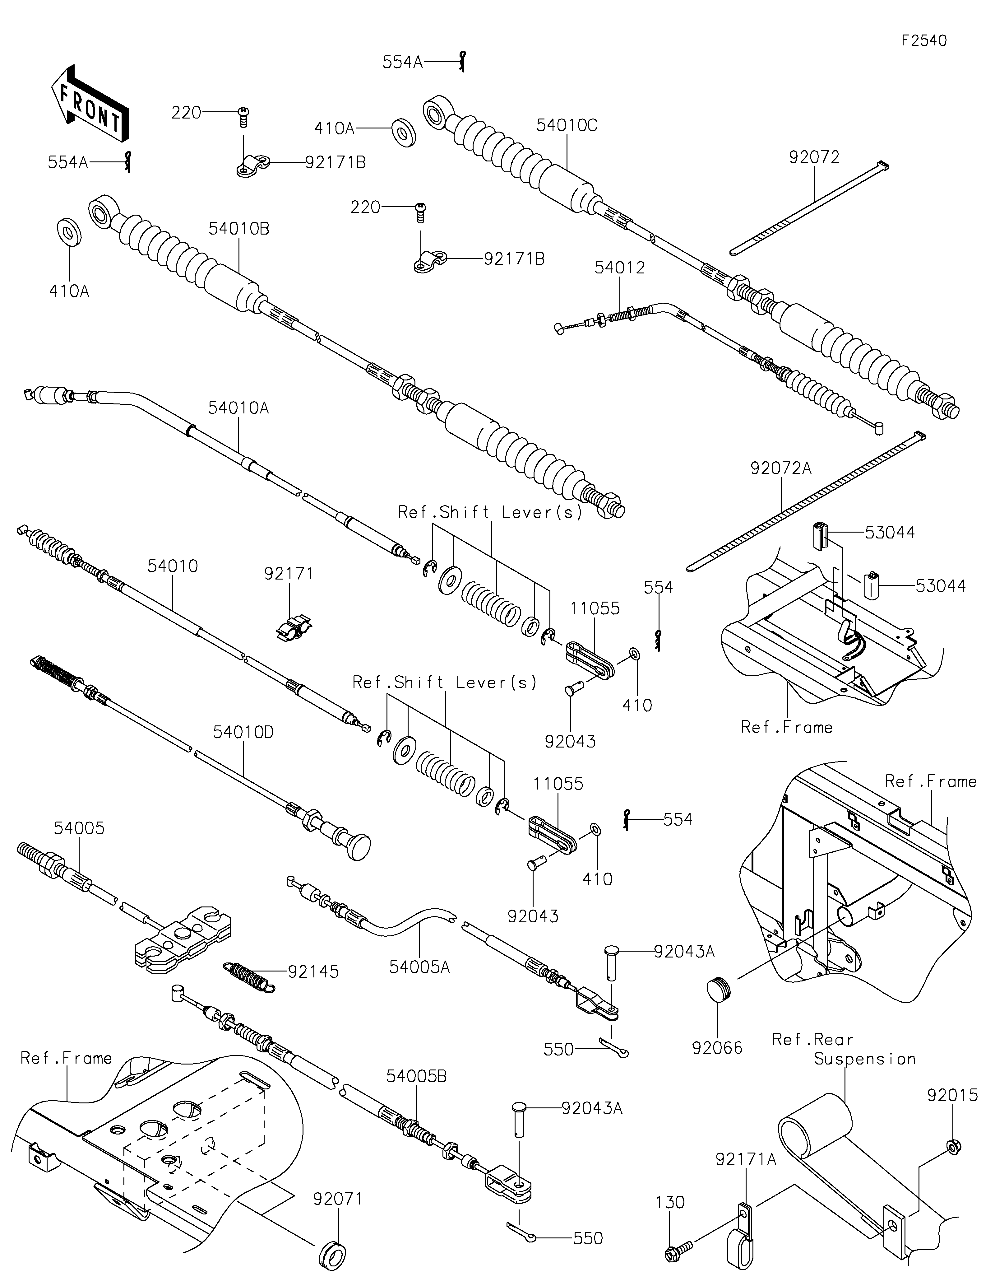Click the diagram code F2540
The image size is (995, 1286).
pos(924,41)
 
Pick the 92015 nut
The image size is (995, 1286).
pos(954,1146)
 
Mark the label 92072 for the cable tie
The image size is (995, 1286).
pos(814,157)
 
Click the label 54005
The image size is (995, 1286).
pos(79,828)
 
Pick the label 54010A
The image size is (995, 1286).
pos(238,408)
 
